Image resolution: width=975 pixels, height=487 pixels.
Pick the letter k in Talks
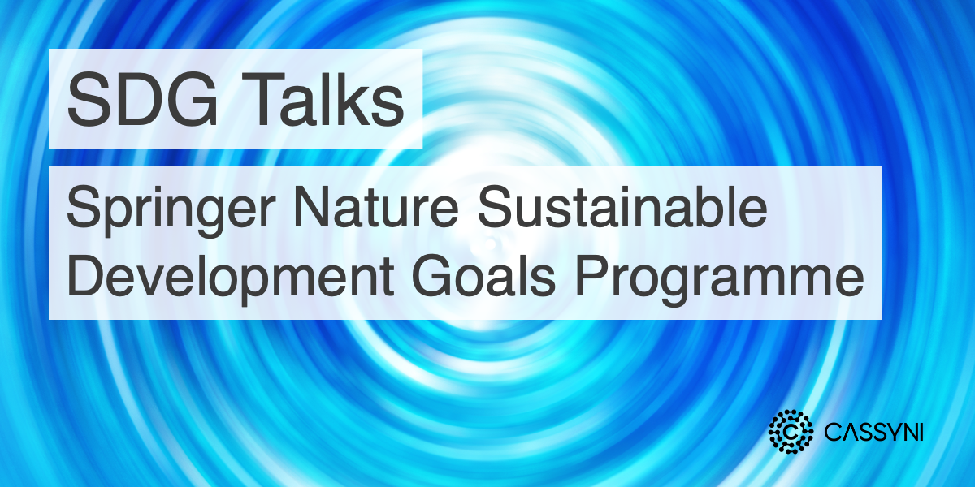click(362, 100)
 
